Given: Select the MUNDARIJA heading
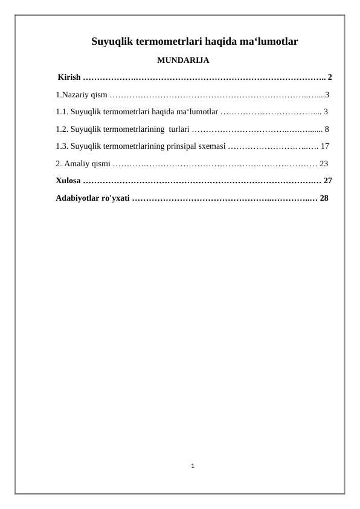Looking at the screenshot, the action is click(183, 60).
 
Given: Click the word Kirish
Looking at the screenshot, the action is click(69, 77).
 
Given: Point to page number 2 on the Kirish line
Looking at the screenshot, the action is click(330, 77).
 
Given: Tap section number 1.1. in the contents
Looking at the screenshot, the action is click(62, 112).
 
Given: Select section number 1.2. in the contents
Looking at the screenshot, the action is click(62, 129).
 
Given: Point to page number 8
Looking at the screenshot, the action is click(327, 129).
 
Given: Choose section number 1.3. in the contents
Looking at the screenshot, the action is click(62, 146).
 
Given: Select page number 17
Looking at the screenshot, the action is click(324, 146).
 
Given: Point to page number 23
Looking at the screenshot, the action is click(324, 163).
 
